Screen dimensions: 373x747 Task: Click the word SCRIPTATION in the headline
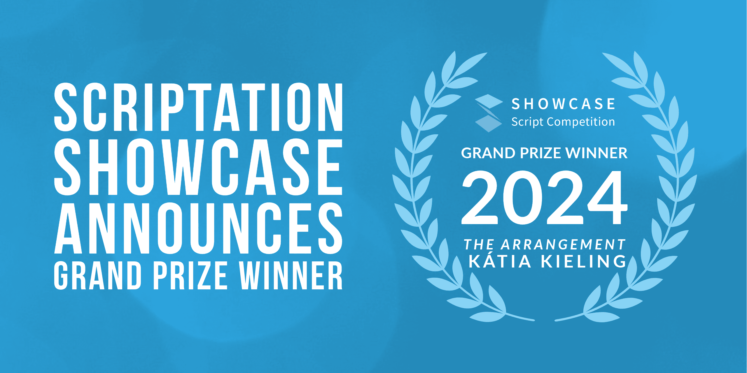coord(198,107)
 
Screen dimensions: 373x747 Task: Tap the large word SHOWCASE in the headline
coord(198,167)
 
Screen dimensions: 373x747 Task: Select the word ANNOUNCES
coord(198,228)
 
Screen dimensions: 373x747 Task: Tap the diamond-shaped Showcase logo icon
coord(489,113)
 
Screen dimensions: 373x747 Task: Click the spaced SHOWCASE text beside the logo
coord(563,104)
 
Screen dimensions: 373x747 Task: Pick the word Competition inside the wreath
coord(581,122)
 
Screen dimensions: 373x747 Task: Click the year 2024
coord(544,198)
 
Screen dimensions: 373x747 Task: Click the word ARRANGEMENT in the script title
coord(564,244)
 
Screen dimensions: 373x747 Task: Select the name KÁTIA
coord(500,261)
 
